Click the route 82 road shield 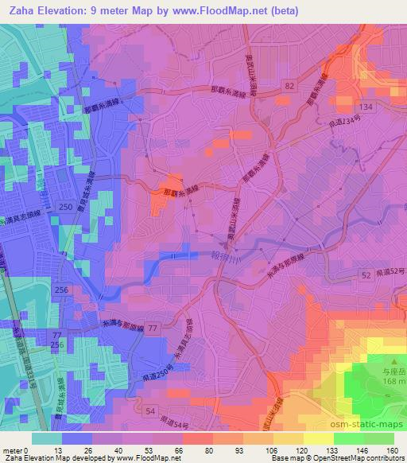pyautogui.click(x=289, y=85)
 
